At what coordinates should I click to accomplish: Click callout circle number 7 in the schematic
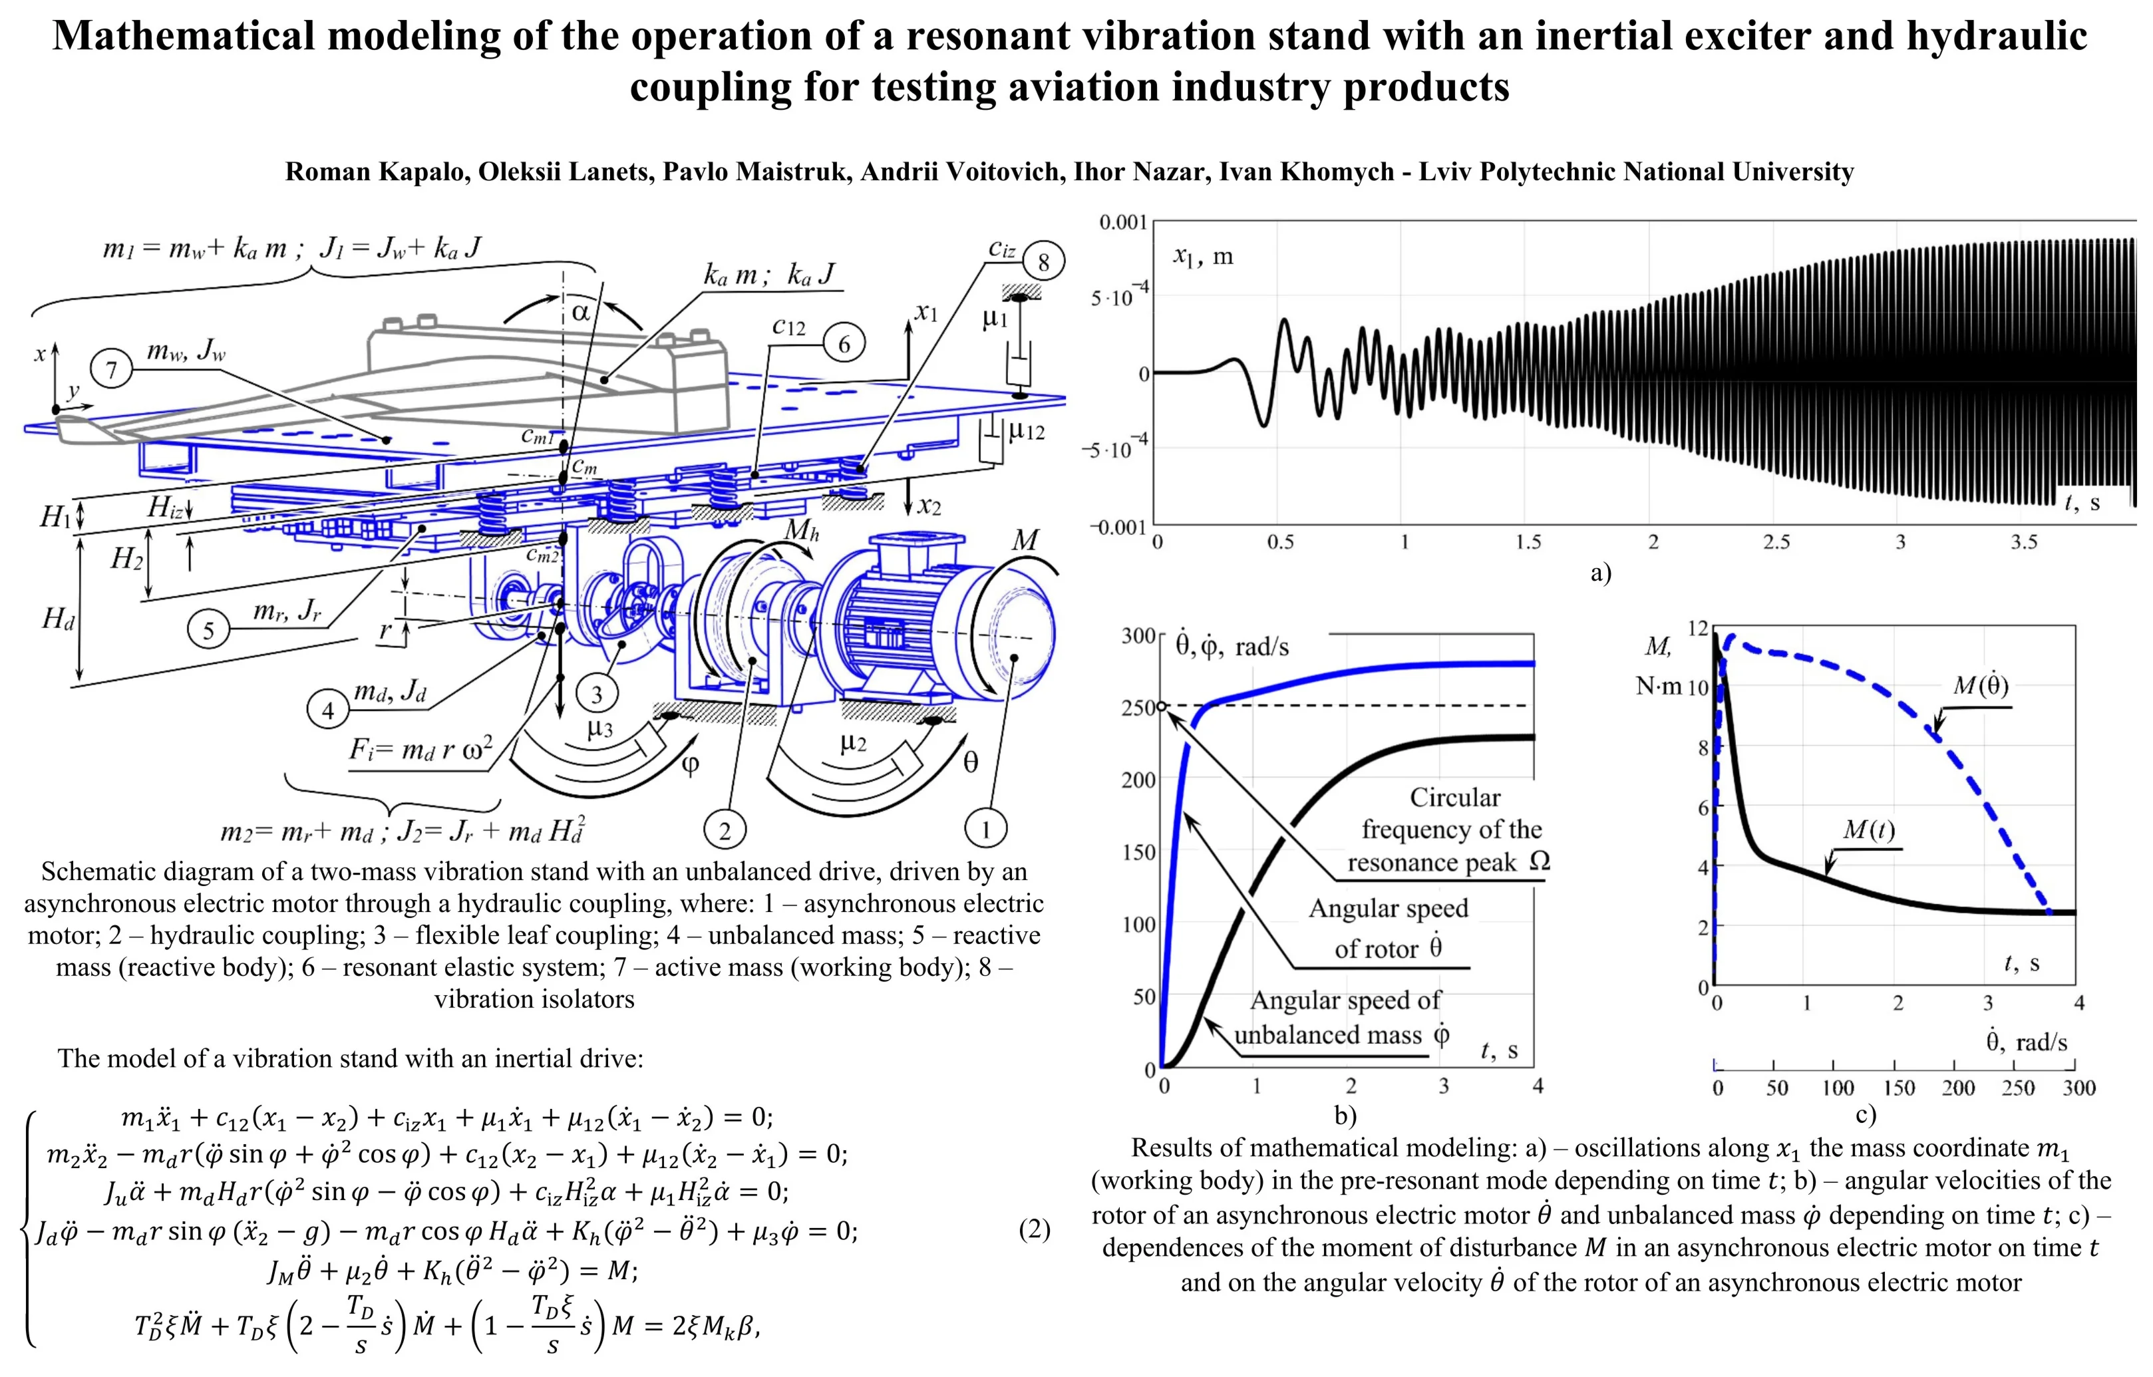pyautogui.click(x=112, y=369)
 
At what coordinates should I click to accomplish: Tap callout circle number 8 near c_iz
pyautogui.click(x=1043, y=263)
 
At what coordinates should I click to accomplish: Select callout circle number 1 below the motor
pyautogui.click(x=985, y=830)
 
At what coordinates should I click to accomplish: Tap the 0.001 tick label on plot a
pyautogui.click(x=1123, y=222)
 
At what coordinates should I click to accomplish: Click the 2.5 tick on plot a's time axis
pyautogui.click(x=1776, y=542)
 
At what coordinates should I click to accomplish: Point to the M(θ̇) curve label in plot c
pyautogui.click(x=1981, y=686)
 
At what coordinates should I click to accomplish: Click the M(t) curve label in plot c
pyautogui.click(x=1869, y=830)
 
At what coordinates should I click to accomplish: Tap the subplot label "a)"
pyautogui.click(x=1600, y=572)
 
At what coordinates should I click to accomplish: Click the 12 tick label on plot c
pyautogui.click(x=1698, y=629)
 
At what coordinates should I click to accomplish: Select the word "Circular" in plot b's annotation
pyautogui.click(x=1454, y=797)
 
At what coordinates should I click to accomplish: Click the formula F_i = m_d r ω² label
pyautogui.click(x=420, y=748)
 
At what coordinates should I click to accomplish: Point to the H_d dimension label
pyautogui.click(x=58, y=618)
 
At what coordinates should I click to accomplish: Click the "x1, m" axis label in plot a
pyautogui.click(x=1202, y=257)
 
